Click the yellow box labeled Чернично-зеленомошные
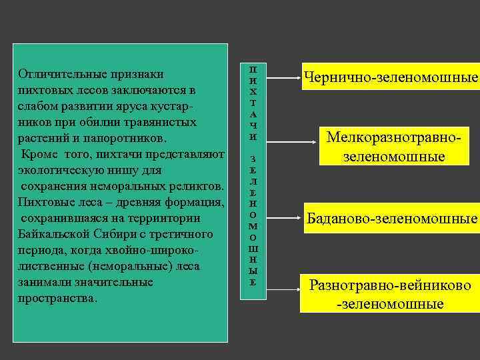[x=391, y=78]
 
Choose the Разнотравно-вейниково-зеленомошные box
[x=389, y=294]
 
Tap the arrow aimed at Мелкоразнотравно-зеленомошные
[x=293, y=141]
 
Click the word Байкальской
[x=51, y=234]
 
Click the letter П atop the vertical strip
[x=253, y=69]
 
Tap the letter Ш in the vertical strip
[x=253, y=248]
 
